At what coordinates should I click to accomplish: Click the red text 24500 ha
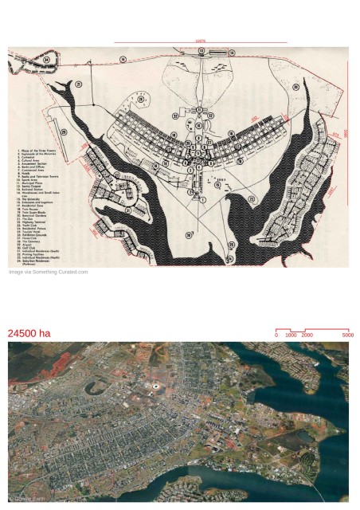point(29,333)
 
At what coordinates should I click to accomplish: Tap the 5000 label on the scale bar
point(347,335)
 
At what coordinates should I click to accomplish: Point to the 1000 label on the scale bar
point(291,335)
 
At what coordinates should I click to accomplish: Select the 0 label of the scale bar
point(276,335)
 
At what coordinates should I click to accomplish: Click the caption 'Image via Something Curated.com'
point(48,272)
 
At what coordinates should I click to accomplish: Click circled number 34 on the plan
point(46,60)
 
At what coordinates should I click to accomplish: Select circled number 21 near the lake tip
point(79,84)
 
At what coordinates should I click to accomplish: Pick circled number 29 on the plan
point(64,132)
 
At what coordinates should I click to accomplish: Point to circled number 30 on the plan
point(295,87)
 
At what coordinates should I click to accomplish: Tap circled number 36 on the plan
point(189,235)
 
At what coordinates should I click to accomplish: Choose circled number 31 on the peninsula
point(128,210)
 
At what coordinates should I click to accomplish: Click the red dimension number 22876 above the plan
point(200,41)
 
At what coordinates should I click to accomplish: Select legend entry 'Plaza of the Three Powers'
point(40,151)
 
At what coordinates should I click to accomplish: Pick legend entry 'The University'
point(31,198)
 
